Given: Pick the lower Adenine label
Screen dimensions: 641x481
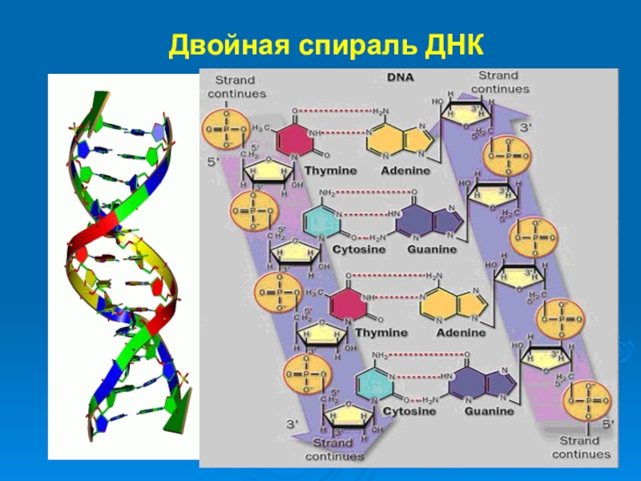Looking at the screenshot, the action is coord(461,332).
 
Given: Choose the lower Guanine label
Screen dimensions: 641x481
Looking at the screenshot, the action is coord(489,411).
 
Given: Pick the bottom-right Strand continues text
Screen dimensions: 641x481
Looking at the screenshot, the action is coord(579,447).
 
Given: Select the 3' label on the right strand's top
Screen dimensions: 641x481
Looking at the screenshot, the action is coord(526,127).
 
